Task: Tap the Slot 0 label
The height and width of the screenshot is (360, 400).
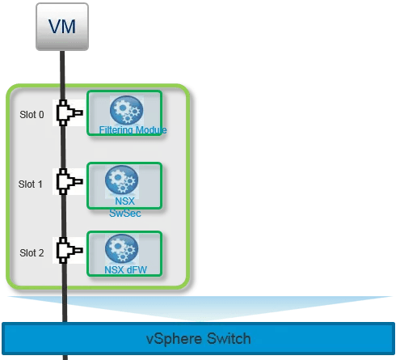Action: pyautogui.click(x=32, y=114)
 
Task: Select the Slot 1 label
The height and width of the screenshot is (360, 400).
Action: pyautogui.click(x=32, y=184)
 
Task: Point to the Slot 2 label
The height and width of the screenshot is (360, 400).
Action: pyautogui.click(x=32, y=252)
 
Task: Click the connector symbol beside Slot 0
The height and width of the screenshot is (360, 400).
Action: pyautogui.click(x=67, y=113)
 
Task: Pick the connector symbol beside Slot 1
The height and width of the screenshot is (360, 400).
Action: pyautogui.click(x=67, y=183)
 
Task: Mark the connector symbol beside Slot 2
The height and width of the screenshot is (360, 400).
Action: pyautogui.click(x=67, y=252)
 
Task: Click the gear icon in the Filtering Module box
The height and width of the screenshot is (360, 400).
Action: pyautogui.click(x=125, y=109)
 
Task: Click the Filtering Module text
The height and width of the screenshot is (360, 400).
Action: pyautogui.click(x=133, y=129)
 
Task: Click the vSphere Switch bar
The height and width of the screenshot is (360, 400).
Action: pyautogui.click(x=199, y=337)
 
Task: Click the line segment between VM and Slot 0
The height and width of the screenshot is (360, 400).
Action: pyautogui.click(x=62, y=69)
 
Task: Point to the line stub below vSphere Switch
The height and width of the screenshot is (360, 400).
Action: pyautogui.click(x=63, y=356)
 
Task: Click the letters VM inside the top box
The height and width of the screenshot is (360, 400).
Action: pyautogui.click(x=61, y=25)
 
